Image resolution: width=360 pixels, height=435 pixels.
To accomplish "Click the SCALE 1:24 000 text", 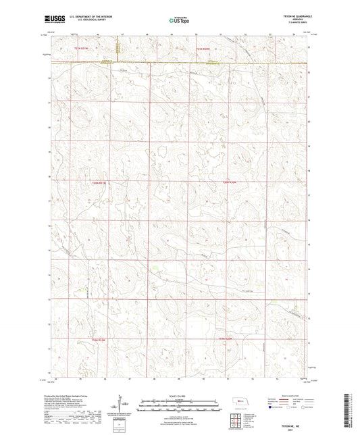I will (x=180, y=396).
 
